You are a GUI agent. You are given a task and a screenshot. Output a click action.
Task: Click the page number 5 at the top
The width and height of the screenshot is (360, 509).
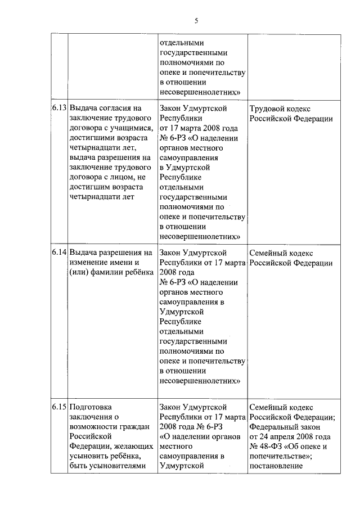click(x=196, y=21)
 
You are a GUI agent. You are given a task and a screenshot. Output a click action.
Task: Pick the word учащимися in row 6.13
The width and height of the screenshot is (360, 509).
click(x=132, y=128)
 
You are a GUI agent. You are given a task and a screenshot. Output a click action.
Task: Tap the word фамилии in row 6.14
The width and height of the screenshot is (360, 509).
click(x=115, y=273)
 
